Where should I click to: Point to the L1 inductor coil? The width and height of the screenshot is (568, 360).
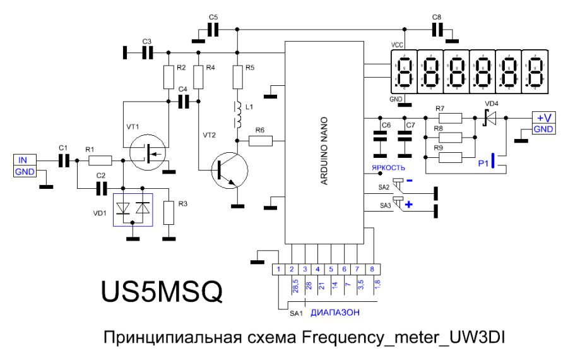[238, 114]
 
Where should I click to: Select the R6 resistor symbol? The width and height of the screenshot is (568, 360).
[260, 141]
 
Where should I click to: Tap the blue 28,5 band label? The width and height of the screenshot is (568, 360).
[294, 286]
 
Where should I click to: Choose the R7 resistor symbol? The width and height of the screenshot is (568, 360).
[450, 117]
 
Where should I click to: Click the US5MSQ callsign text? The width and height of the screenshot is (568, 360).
[162, 291]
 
